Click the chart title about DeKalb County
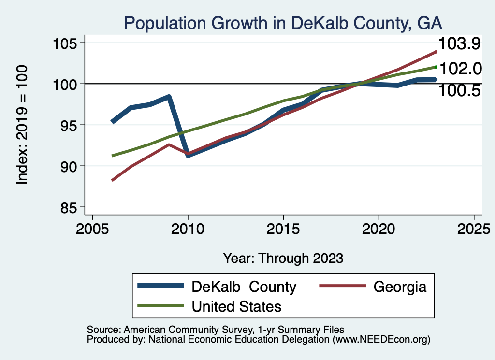point(283,23)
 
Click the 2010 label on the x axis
point(188,229)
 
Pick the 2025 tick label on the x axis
point(474,229)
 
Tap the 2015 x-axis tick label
point(283,229)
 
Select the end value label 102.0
point(461,69)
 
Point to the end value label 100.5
point(459,90)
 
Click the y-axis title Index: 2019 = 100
point(22,125)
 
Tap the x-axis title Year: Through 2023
point(283,258)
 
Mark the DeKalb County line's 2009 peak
point(169,97)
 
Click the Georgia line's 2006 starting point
point(112,180)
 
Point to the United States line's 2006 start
point(112,156)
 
